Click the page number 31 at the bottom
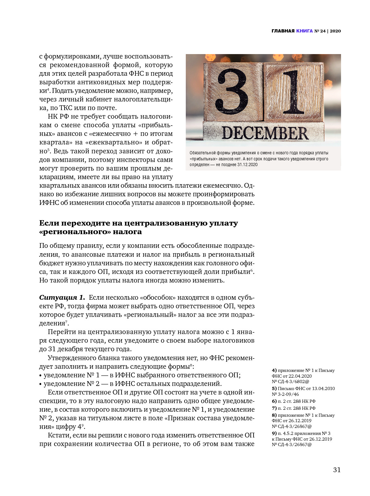[337, 470]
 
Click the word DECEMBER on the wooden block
[265, 133]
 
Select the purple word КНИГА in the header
[304, 31]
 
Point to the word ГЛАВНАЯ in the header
[283, 31]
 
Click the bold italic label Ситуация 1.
[62, 297]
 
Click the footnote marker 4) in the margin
[274, 370]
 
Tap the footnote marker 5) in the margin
[274, 388]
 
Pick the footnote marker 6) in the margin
[274, 401]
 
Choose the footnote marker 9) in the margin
[274, 433]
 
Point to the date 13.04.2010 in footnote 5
[323, 388]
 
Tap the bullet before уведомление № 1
[40, 375]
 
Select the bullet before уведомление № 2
[40, 384]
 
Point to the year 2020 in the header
[335, 31]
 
